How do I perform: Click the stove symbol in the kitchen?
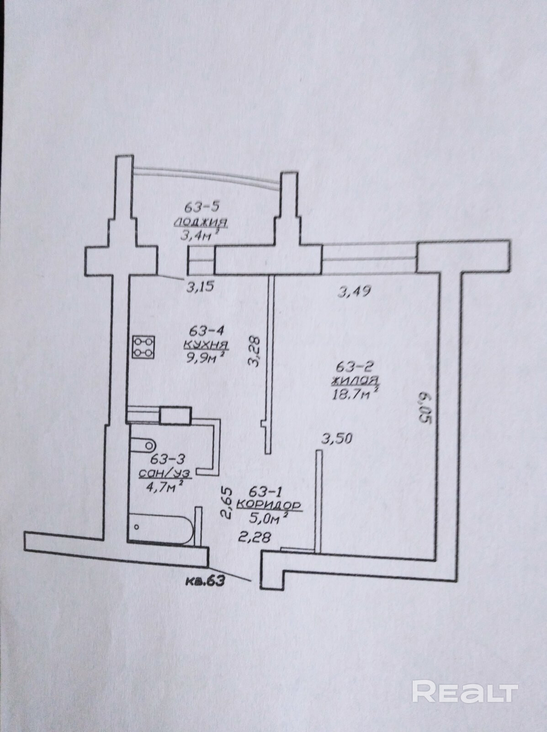point(143,347)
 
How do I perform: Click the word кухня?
point(206,344)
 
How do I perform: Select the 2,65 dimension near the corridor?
point(227,503)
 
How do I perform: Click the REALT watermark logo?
point(465,691)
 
